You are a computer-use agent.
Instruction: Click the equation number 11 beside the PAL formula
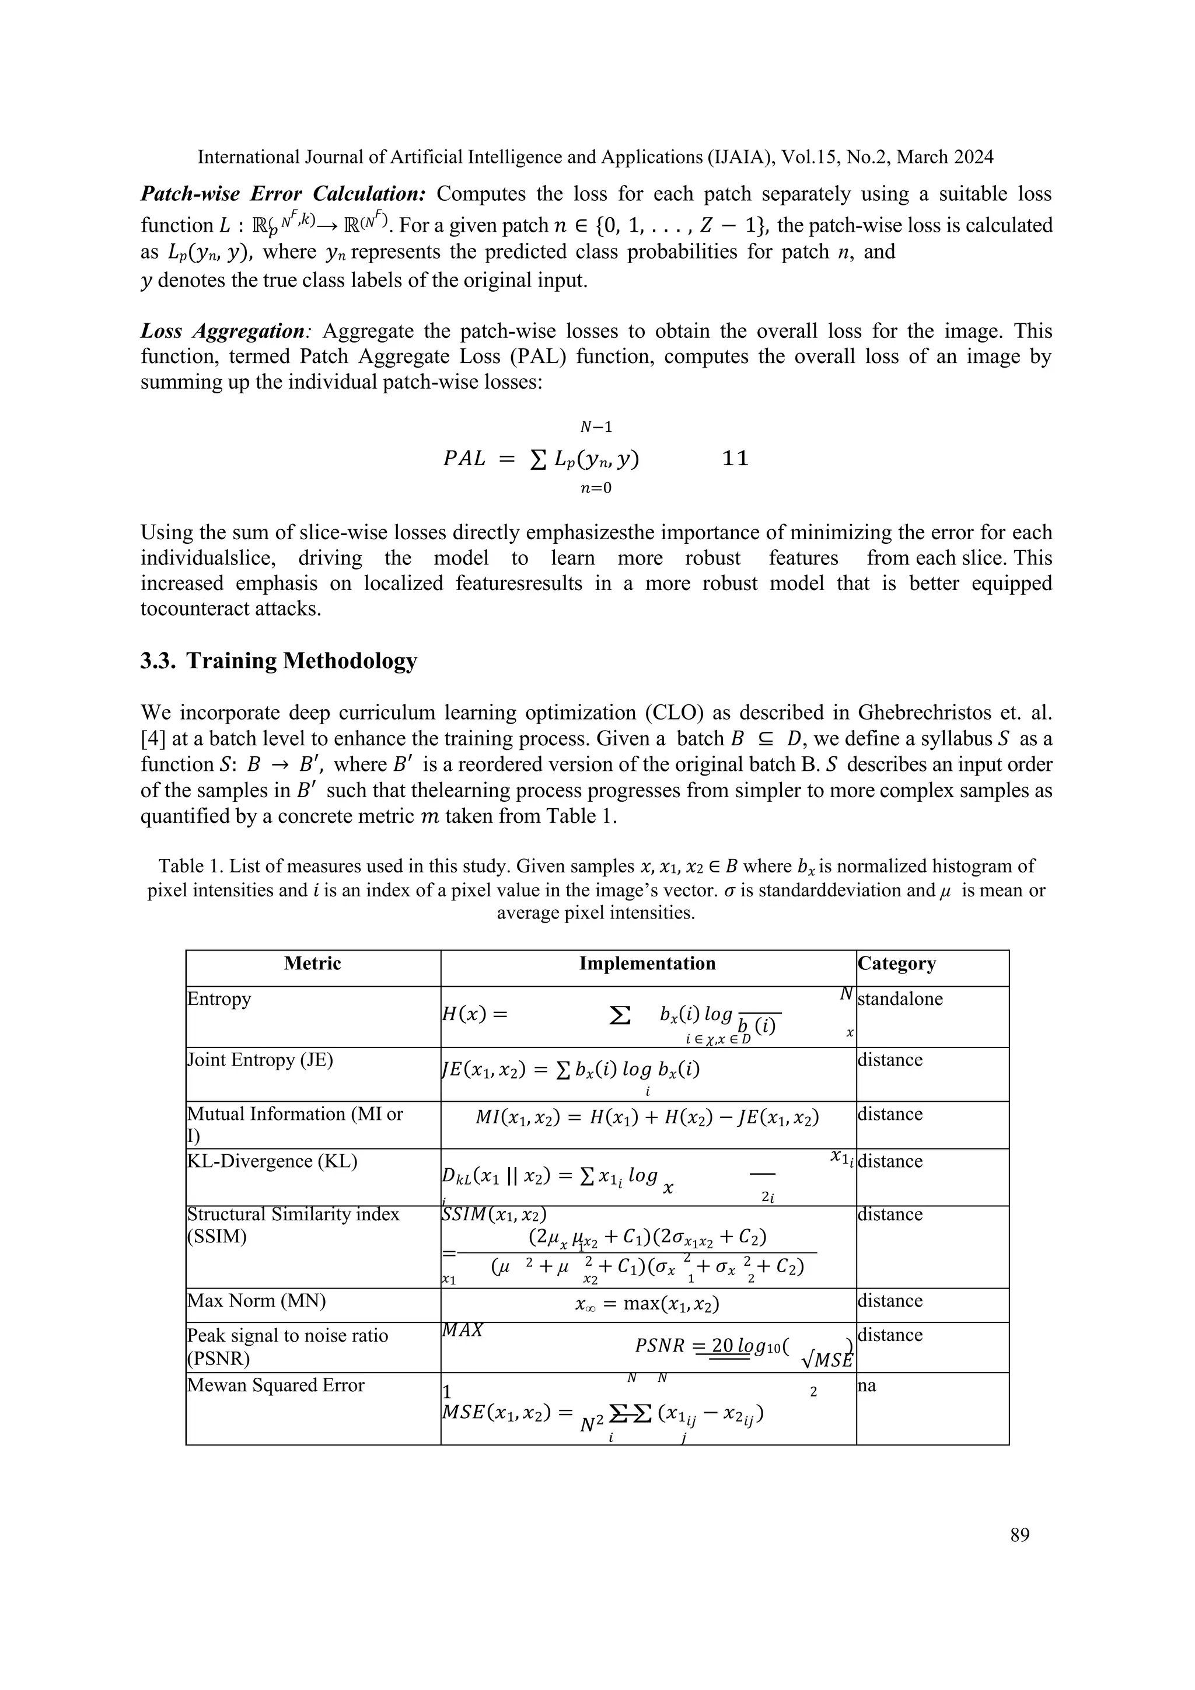735,459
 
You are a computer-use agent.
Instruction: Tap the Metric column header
312,963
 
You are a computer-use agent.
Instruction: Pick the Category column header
896,963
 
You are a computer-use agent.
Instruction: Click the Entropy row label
219,999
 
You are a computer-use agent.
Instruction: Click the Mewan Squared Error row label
276,1385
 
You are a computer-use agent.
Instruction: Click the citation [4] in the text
152,738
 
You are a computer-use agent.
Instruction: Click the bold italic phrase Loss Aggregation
223,331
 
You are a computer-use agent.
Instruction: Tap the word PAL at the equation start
464,459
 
